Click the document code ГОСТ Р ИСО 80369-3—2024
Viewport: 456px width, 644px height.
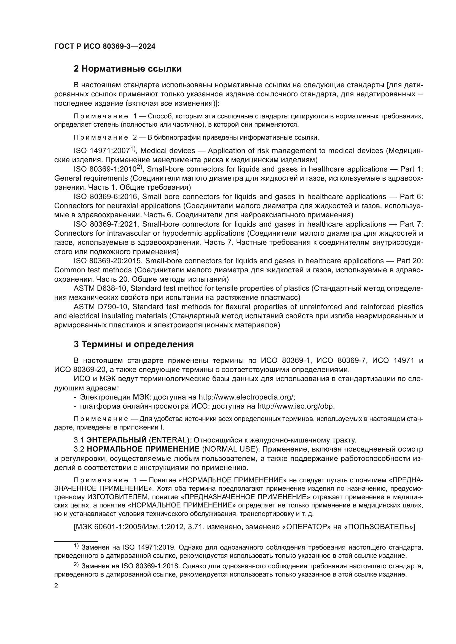(x=104, y=47)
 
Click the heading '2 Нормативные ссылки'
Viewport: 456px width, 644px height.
(x=127, y=69)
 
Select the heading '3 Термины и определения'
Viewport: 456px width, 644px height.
(x=134, y=344)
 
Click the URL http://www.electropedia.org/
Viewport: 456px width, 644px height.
(x=246, y=397)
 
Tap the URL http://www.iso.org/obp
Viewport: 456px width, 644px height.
(x=296, y=406)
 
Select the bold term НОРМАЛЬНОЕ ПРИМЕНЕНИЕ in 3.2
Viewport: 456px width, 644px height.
(x=143, y=449)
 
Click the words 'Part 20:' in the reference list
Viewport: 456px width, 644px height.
(x=409, y=261)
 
